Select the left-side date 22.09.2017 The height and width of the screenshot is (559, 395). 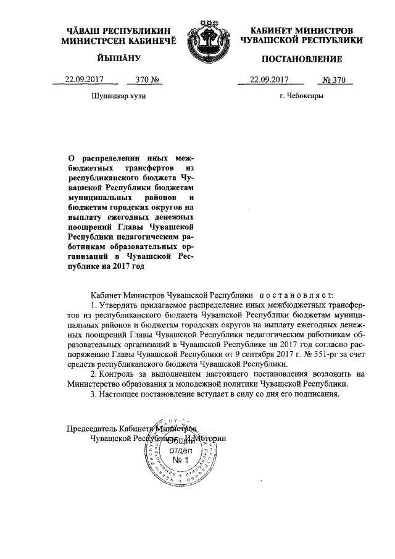point(83,79)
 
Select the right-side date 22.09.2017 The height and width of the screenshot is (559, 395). point(269,79)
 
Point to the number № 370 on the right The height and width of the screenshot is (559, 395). point(336,79)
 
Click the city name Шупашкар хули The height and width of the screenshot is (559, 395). point(118,96)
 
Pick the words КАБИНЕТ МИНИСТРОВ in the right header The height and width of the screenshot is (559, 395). point(301,30)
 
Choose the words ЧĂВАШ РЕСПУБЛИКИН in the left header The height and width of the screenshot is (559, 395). point(118,30)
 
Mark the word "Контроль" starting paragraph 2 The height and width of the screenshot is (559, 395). point(118,374)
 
